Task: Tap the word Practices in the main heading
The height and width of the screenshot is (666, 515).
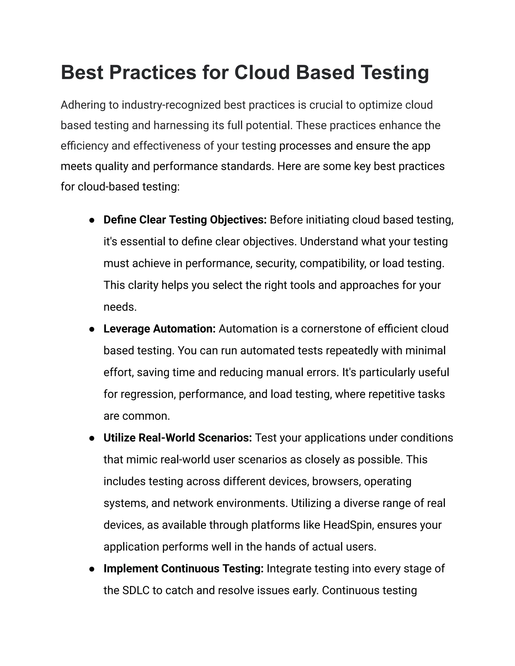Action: [153, 73]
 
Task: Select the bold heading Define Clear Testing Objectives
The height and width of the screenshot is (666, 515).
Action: [185, 220]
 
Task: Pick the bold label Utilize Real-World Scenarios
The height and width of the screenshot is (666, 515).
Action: [178, 438]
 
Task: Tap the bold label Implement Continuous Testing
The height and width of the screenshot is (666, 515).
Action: [183, 568]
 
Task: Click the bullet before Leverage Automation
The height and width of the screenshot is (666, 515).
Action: [92, 329]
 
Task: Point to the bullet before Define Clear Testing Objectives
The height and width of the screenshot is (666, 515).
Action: [92, 220]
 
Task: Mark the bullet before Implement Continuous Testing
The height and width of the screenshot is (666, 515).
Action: [92, 569]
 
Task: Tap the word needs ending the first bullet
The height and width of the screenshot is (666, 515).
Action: [120, 307]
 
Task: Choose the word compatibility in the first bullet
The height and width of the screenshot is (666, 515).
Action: [332, 263]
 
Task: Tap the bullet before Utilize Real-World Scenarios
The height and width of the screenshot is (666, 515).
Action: [92, 438]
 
